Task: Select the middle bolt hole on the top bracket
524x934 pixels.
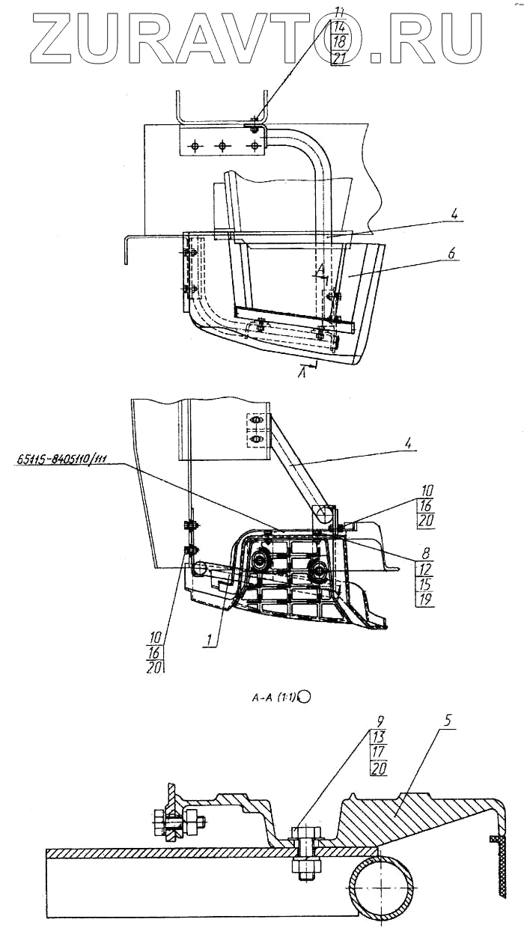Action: click(x=222, y=146)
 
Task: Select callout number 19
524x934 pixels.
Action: click(x=424, y=600)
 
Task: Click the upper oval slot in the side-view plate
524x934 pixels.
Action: click(x=255, y=423)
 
